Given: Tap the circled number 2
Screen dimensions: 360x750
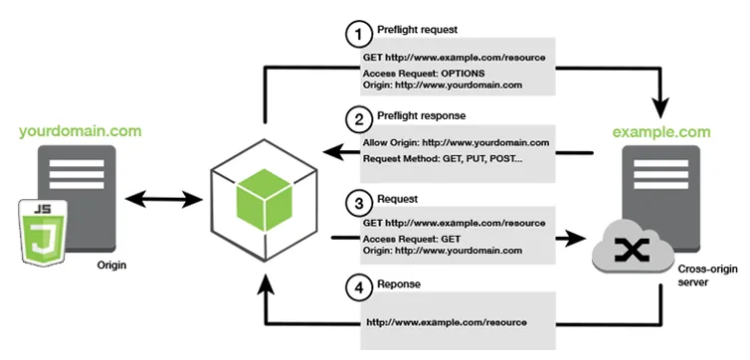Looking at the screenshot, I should point(356,117).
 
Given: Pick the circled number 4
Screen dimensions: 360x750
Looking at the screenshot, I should point(356,287).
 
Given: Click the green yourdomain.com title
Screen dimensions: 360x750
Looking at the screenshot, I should point(80,130).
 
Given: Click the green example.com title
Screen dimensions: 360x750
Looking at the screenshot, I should point(661,130).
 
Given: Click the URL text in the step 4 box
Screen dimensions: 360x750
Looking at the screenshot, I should point(447,322).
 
